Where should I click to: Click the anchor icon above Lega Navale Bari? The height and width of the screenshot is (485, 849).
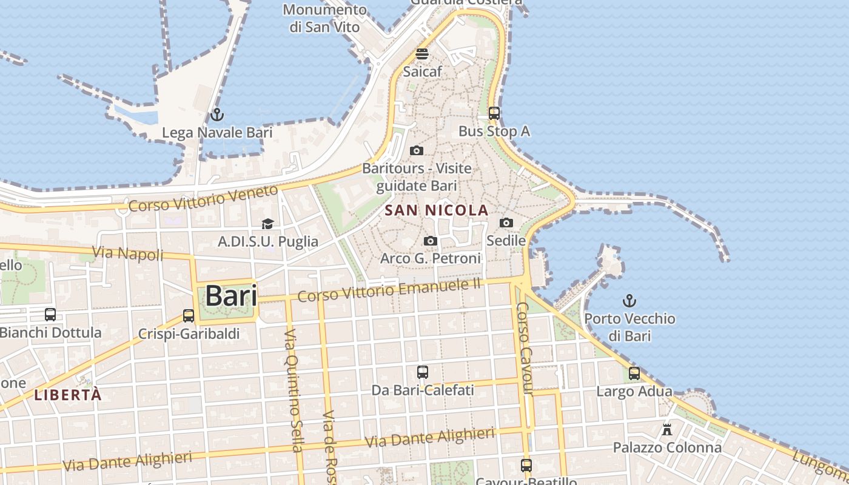point(216,114)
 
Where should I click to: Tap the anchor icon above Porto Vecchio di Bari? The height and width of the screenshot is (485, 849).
point(629,300)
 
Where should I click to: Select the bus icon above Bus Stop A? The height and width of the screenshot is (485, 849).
point(494,113)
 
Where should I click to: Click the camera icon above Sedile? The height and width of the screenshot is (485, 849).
point(506,222)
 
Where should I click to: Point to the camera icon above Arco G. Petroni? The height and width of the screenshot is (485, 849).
point(430,241)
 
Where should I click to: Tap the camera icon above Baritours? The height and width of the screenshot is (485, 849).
point(417,150)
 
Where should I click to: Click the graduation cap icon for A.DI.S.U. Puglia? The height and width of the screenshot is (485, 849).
point(267,224)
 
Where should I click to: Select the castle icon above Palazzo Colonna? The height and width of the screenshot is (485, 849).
point(667,430)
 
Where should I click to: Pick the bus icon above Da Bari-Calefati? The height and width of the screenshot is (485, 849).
point(423,372)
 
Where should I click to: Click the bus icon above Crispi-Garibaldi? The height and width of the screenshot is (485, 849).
point(189,315)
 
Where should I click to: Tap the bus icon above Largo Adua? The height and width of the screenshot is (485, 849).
point(634,373)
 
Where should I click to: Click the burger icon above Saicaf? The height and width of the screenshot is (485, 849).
point(422,53)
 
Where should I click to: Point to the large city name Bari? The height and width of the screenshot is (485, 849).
point(230,296)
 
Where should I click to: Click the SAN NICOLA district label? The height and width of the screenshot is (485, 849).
point(437,210)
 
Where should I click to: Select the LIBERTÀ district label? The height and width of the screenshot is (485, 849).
point(68,395)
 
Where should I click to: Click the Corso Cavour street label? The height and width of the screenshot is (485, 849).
point(525,349)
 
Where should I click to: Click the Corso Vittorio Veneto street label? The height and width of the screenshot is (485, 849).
point(204,199)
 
